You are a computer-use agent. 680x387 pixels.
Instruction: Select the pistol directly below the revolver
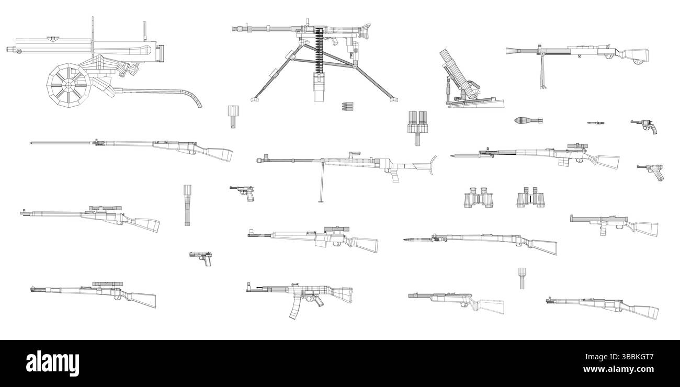(x=650, y=171)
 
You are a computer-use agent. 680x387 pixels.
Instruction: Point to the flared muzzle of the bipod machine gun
(x=513, y=51)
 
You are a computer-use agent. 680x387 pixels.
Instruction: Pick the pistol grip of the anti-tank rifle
(x=393, y=176)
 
